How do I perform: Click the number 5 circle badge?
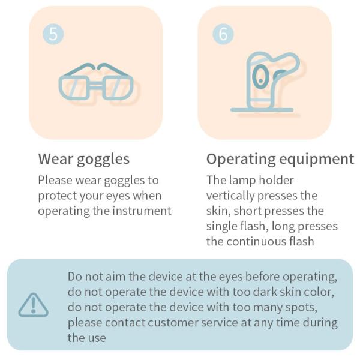[53, 34]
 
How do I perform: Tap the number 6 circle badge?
[223, 34]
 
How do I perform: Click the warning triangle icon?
[34, 305]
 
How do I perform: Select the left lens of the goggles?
[73, 88]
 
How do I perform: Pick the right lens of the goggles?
[118, 88]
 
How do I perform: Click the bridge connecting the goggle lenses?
[96, 86]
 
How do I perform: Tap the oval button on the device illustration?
[260, 77]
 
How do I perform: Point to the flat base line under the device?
[262, 110]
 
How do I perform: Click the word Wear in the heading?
[56, 159]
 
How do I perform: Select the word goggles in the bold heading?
[103, 160]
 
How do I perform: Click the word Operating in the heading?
[241, 160]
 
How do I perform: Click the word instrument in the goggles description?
[142, 211]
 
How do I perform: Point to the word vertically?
[230, 196]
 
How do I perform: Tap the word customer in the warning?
[173, 323]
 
